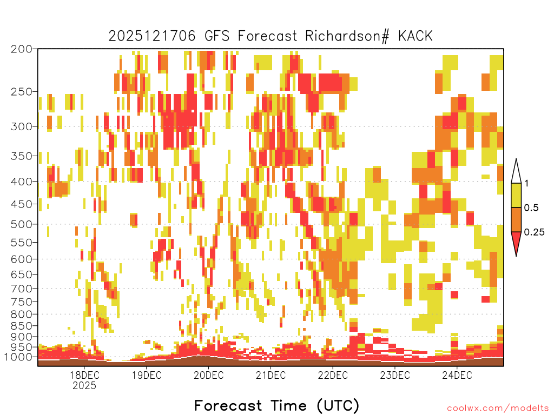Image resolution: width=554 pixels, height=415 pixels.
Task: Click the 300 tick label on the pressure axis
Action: [x=21, y=126]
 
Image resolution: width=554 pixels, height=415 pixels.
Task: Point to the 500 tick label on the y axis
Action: [x=21, y=224]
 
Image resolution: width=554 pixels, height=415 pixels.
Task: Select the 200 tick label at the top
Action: [x=21, y=49]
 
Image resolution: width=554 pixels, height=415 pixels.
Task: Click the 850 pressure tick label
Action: [x=21, y=326]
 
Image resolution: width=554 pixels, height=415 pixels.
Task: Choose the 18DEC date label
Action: [x=84, y=375]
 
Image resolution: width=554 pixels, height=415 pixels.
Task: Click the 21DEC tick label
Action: [x=271, y=375]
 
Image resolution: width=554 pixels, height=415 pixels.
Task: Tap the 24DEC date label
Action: [x=457, y=375]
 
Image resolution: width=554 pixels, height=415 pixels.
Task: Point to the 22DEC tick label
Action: [x=333, y=375]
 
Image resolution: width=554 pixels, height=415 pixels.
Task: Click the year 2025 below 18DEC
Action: [x=84, y=385]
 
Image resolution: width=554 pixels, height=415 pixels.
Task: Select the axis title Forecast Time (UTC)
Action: [x=276, y=405]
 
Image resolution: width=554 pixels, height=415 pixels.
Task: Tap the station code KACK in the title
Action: [x=415, y=36]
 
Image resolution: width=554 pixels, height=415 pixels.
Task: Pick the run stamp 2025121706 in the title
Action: [x=152, y=36]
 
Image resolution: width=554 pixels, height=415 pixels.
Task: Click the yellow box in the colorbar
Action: [x=516, y=195]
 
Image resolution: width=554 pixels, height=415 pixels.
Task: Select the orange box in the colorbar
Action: [x=516, y=219]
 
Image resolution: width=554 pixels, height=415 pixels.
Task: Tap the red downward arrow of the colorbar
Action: [x=516, y=242]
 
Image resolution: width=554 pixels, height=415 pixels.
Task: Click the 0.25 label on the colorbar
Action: [x=534, y=232]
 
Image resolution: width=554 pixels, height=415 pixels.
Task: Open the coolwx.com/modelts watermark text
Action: [x=498, y=409]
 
